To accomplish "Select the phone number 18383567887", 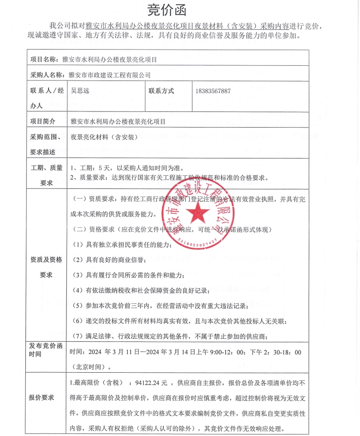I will (213, 91).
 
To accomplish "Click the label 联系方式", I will (161, 91).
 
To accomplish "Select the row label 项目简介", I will (43, 122).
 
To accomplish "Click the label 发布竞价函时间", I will (46, 349).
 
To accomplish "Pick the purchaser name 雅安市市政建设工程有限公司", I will (109, 75).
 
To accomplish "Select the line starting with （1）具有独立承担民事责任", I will (121, 245).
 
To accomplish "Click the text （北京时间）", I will (88, 366).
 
